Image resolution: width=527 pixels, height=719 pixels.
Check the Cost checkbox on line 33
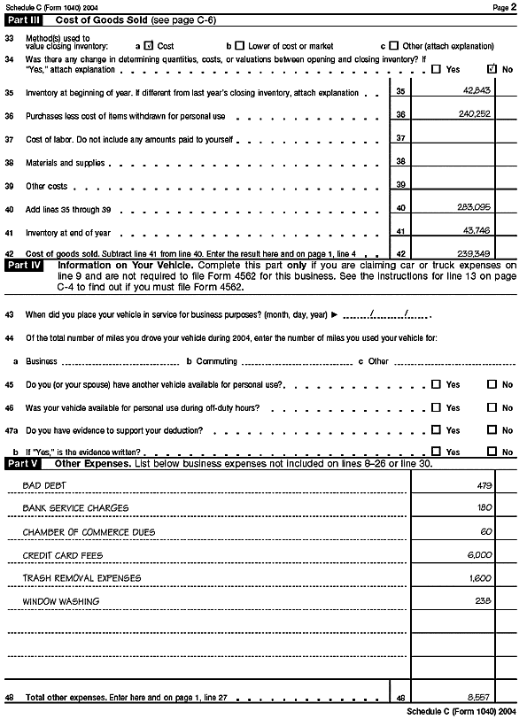pyautogui.click(x=149, y=45)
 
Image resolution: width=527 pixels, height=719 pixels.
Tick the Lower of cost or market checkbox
pyautogui.click(x=240, y=45)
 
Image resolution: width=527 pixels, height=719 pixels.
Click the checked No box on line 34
pyautogui.click(x=492, y=68)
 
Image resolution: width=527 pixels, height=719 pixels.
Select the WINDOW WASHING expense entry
pyautogui.click(x=60, y=601)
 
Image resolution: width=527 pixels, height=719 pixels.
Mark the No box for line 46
pyautogui.click(x=492, y=407)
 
